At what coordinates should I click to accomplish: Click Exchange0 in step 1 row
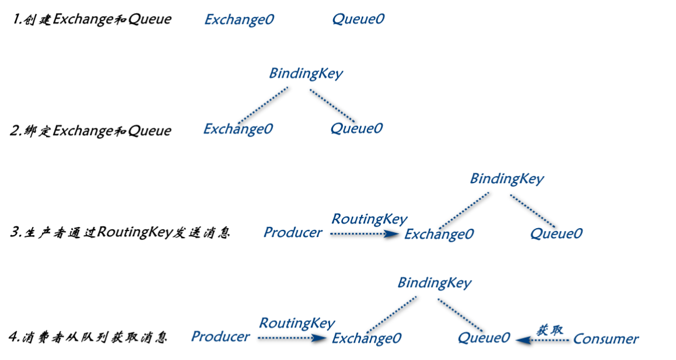239,20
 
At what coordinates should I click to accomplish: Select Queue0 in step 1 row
358,19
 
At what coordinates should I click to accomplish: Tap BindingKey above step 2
306,74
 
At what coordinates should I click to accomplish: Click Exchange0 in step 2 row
238,129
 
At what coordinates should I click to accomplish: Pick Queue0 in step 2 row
356,128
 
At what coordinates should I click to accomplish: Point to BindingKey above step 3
507,179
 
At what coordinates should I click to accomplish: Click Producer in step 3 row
293,232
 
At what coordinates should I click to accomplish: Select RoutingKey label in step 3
369,219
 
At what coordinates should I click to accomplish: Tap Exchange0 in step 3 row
439,234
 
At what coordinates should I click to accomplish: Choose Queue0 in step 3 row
556,233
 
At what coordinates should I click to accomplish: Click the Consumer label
606,339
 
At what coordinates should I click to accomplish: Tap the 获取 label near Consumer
549,330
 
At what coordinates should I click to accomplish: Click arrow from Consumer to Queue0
542,341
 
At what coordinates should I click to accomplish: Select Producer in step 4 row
220,336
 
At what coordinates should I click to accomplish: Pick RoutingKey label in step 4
297,323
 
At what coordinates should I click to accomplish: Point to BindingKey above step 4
434,283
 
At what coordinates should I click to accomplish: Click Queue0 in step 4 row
484,338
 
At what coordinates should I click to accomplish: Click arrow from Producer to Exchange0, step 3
365,234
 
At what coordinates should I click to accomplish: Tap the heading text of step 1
92,19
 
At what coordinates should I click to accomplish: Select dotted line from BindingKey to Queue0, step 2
332,106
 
